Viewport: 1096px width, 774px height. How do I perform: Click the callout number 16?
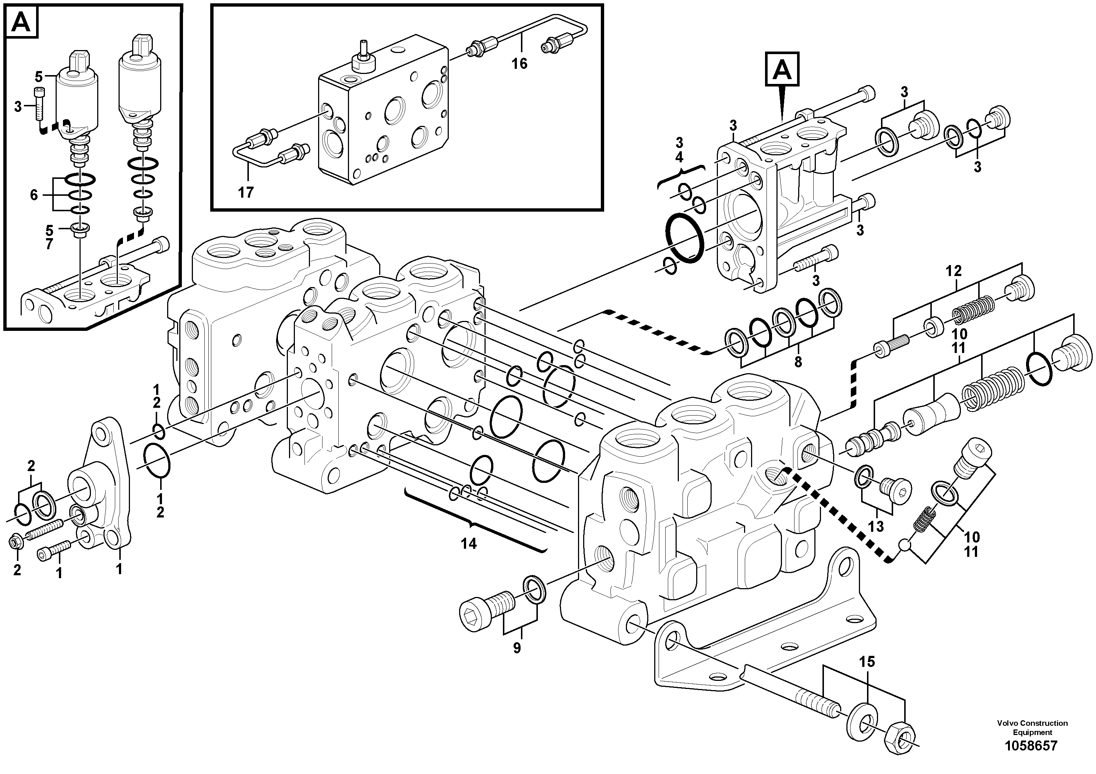click(x=519, y=63)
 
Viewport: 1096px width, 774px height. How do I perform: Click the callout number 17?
click(x=246, y=192)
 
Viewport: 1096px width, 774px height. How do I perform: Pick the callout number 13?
click(x=876, y=526)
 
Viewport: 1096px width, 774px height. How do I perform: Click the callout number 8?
click(x=798, y=362)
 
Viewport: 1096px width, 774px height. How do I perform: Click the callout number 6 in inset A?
click(x=34, y=195)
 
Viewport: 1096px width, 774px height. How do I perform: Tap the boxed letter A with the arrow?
click(x=782, y=70)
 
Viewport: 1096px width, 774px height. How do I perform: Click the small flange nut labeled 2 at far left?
click(x=15, y=542)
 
